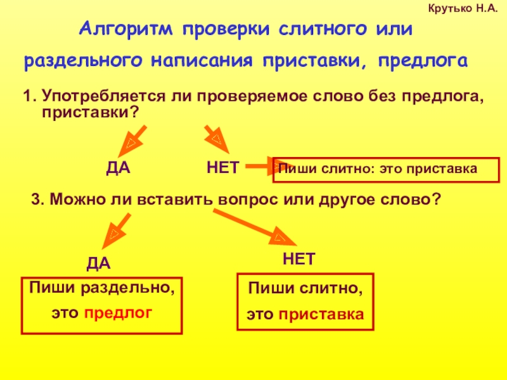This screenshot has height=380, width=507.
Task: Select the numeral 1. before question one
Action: pyautogui.click(x=29, y=98)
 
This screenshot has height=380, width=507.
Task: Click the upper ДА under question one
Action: pyautogui.click(x=117, y=168)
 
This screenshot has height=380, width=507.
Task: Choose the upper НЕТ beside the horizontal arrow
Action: pyautogui.click(x=222, y=168)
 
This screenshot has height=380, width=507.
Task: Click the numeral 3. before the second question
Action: pyautogui.click(x=37, y=199)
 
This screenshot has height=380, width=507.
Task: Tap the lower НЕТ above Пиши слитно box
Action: pyautogui.click(x=298, y=260)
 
